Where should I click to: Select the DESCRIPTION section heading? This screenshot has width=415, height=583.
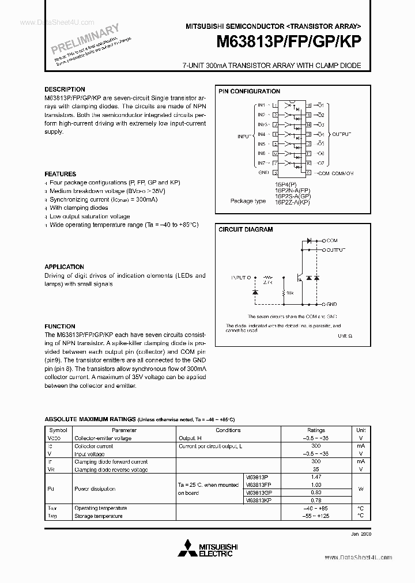tap(65, 89)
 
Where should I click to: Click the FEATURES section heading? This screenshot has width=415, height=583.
tap(60, 174)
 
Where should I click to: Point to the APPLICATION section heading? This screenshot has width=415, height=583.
tap(64, 267)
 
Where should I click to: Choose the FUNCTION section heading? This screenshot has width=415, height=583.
tap(60, 326)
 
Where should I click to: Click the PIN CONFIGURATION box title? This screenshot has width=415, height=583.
tap(249, 91)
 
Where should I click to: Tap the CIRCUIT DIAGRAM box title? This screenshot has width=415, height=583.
tap(246, 229)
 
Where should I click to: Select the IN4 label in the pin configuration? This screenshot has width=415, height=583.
tap(261, 134)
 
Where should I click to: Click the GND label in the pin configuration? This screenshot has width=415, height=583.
tap(263, 172)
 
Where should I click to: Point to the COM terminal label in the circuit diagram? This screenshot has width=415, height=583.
tap(331, 240)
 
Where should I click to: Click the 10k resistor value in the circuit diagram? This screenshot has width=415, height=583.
tap(290, 293)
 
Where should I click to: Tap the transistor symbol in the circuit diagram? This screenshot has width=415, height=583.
tap(299, 277)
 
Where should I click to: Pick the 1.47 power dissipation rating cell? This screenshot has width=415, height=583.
tap(316, 478)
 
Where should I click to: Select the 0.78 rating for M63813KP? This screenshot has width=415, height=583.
tap(316, 500)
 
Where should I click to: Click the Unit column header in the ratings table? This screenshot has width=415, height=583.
tap(360, 430)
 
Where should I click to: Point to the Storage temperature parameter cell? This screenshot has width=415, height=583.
tap(98, 516)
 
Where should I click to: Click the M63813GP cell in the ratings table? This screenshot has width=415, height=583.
tap(258, 493)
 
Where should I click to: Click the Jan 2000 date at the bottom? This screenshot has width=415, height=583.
tap(358, 535)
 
